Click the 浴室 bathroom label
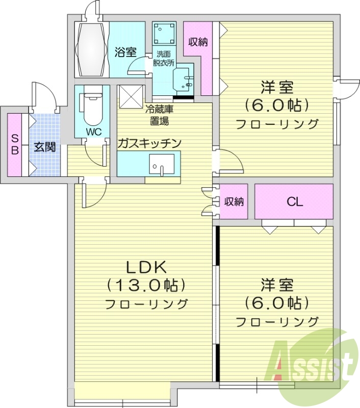click(x=125, y=52)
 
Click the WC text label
click(x=92, y=132)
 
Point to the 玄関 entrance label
click(x=44, y=148)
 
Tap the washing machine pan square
click(x=164, y=34)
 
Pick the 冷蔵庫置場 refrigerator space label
click(x=160, y=115)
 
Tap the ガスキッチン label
click(x=149, y=143)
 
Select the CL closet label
click(x=294, y=201)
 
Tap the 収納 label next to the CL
click(x=234, y=201)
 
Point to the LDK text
click(x=145, y=267)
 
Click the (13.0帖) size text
click(x=145, y=285)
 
